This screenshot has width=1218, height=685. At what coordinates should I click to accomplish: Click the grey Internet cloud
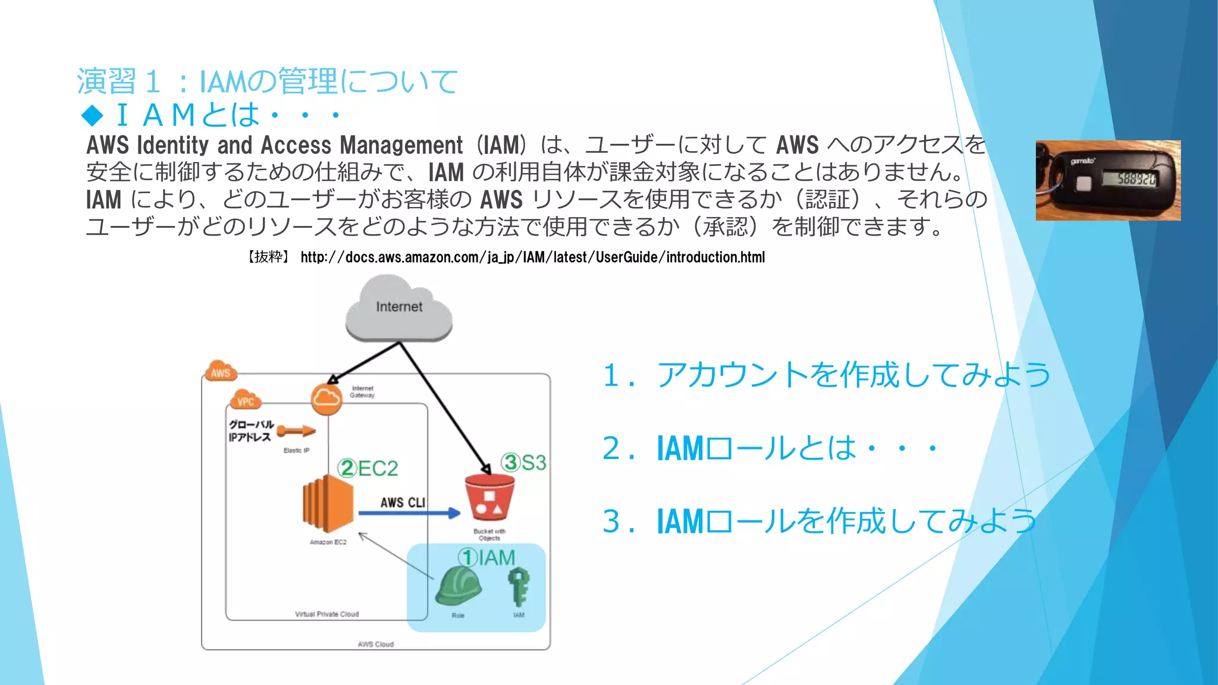click(x=398, y=309)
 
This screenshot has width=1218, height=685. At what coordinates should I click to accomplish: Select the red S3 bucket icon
click(x=489, y=497)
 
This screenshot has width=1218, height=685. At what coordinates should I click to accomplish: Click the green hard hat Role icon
click(x=457, y=587)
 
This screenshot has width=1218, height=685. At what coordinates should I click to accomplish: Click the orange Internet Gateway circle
click(x=327, y=398)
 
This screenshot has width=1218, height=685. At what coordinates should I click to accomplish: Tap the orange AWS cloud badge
click(x=221, y=371)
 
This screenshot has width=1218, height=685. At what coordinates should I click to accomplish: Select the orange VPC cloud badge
click(x=246, y=400)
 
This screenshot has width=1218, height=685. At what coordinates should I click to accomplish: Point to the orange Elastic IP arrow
click(x=296, y=431)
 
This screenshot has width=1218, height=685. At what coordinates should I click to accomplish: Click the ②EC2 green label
click(x=368, y=469)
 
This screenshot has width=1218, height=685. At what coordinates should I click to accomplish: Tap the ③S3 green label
click(x=523, y=463)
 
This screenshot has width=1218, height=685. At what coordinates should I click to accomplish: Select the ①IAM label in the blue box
click(x=486, y=558)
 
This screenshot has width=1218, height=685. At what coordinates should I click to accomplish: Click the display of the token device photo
click(x=1128, y=178)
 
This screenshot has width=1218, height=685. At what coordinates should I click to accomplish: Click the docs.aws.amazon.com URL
click(x=532, y=257)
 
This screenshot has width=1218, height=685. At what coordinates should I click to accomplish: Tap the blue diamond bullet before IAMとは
click(x=93, y=115)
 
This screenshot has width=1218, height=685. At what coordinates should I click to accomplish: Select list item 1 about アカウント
click(x=826, y=375)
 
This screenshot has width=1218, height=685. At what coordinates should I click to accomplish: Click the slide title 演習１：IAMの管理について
click(x=268, y=81)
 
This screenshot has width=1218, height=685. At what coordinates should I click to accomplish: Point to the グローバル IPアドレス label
click(x=250, y=431)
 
